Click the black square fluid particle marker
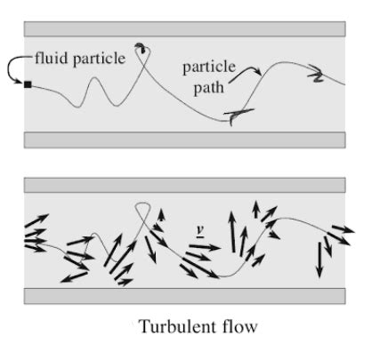coord(28,84)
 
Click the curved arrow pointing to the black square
coord(17,70)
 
